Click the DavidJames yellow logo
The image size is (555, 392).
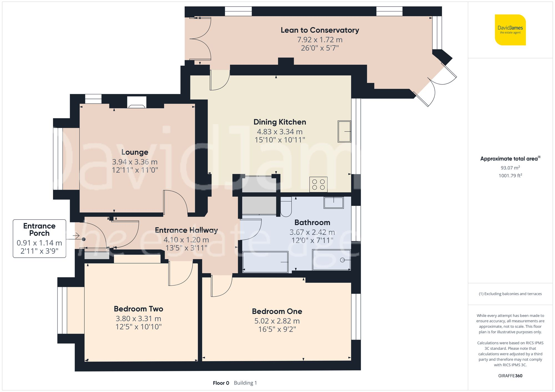[x=510, y=30]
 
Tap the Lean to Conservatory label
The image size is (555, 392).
[x=320, y=30]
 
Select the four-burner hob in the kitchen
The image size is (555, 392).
[x=318, y=185]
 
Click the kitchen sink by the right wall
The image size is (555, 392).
[x=344, y=131]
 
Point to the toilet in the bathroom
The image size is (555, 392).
[x=286, y=207]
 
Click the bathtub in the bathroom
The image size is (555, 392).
[x=265, y=262]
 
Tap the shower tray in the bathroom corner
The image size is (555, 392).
[x=331, y=260]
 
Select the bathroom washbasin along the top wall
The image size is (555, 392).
[x=334, y=203]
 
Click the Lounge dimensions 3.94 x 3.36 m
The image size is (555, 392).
[x=135, y=162]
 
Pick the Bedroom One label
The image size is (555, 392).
[x=277, y=311]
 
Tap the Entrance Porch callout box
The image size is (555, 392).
[x=39, y=239]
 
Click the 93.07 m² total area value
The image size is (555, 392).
[x=510, y=168]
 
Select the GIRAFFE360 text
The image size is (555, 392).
[x=510, y=376]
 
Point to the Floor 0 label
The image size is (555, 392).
[x=221, y=383]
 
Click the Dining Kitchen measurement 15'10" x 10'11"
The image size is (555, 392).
[x=280, y=140]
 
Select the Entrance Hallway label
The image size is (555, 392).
[x=186, y=230]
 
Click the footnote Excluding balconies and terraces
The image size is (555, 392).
[x=510, y=294]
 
